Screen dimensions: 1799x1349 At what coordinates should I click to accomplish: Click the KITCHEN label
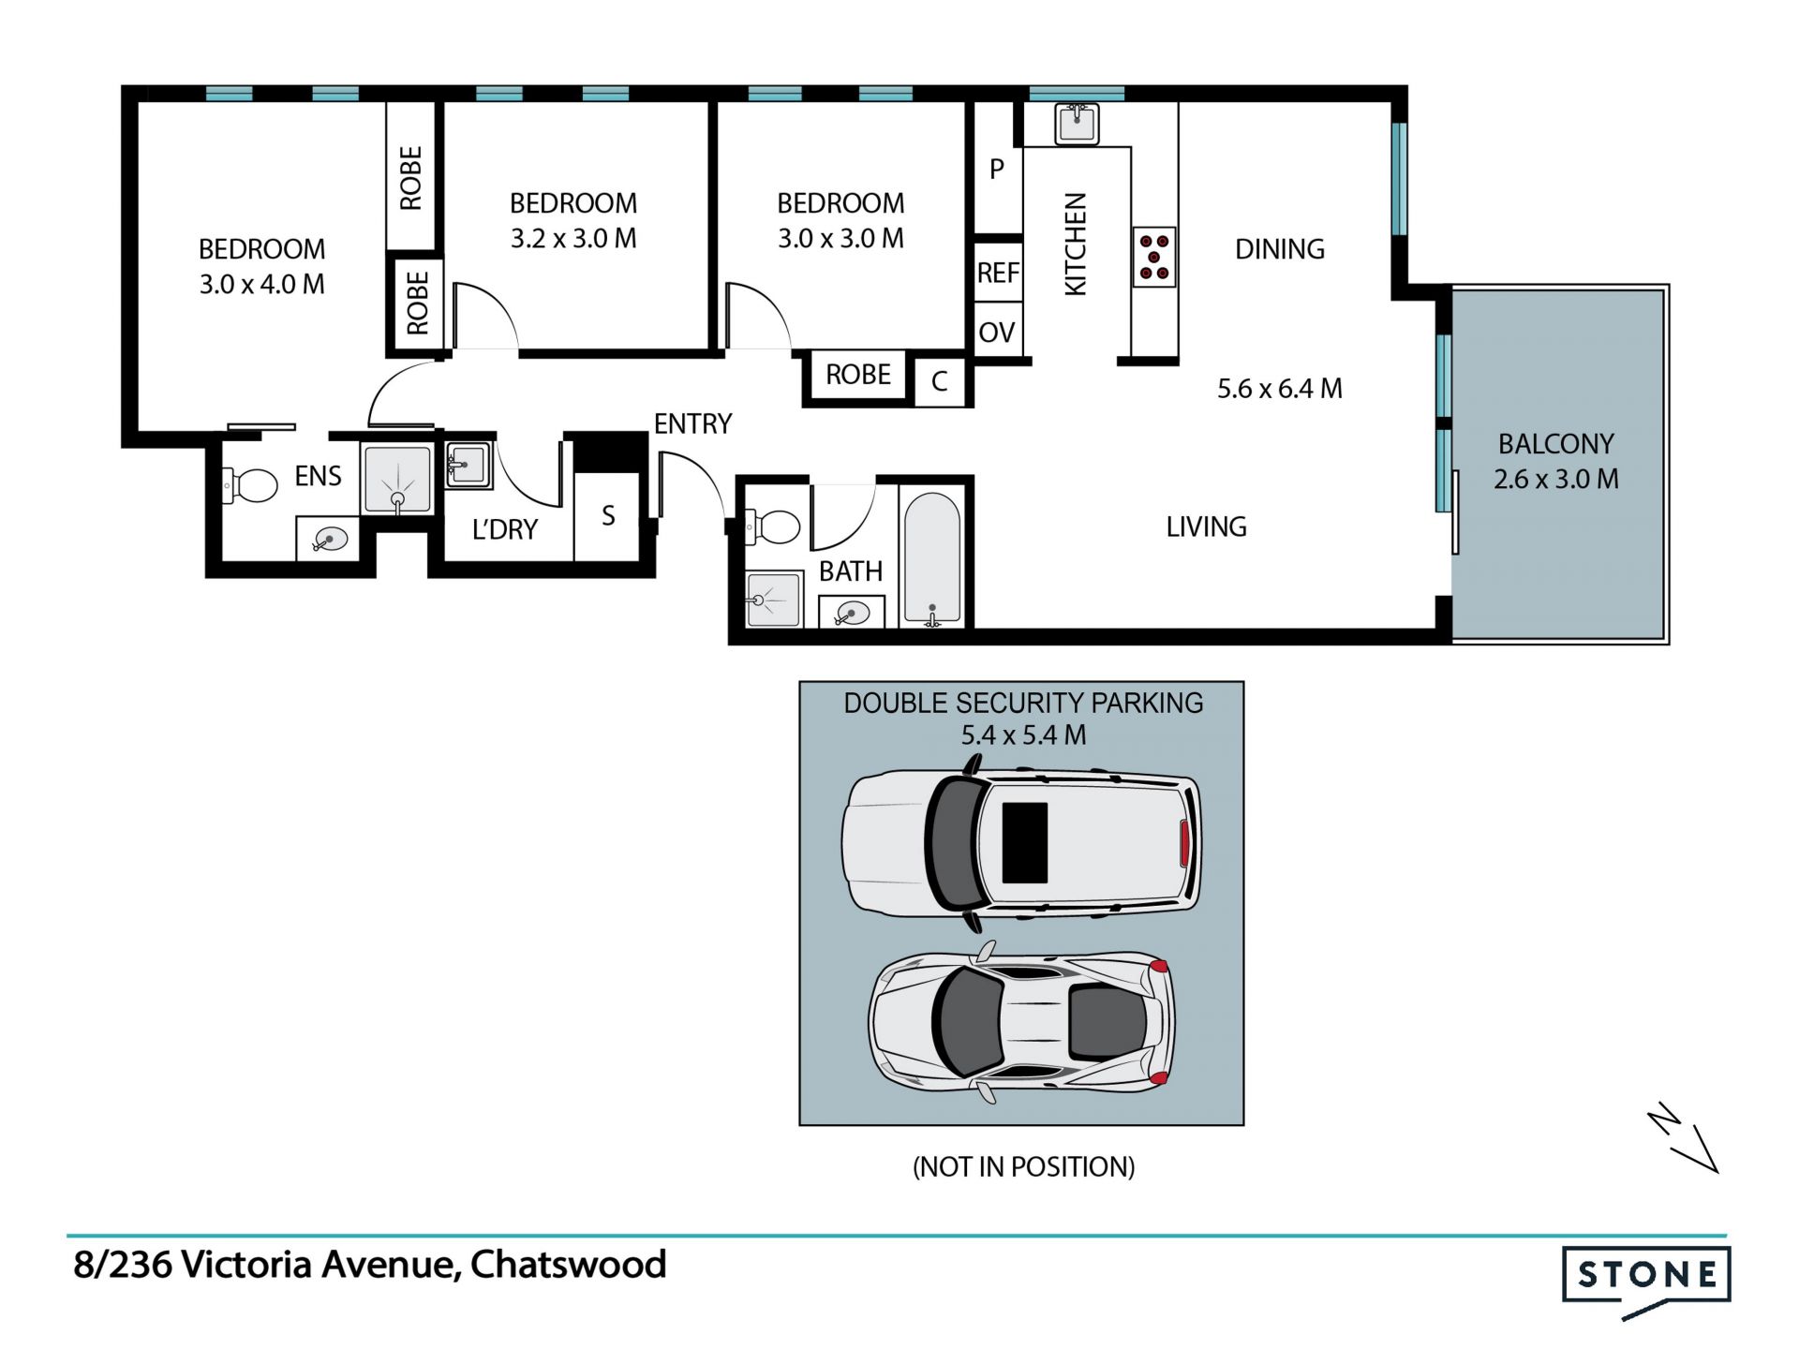[1076, 245]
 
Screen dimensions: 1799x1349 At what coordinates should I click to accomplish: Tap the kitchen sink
[1077, 124]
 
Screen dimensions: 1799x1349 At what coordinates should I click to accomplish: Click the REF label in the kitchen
[998, 273]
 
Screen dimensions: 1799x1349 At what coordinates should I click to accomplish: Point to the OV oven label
[997, 332]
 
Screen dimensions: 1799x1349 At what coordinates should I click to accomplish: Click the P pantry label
[997, 169]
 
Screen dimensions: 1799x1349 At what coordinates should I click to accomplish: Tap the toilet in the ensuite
[250, 485]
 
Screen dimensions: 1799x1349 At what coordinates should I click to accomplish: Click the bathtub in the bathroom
[932, 558]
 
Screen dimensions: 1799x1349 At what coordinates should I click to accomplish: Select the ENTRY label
[692, 423]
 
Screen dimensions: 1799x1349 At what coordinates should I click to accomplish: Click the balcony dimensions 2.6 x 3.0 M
[1555, 479]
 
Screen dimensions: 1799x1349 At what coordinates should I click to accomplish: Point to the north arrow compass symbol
[1683, 1137]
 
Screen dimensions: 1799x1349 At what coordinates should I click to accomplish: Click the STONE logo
[1646, 1281]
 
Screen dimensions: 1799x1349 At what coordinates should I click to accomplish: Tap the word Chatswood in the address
[568, 1265]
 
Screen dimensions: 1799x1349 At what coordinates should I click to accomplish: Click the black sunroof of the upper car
[1025, 842]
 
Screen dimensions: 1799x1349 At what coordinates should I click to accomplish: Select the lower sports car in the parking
[1022, 1022]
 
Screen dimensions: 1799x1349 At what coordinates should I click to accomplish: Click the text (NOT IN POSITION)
[1023, 1166]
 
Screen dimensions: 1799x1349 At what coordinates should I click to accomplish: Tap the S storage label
[608, 515]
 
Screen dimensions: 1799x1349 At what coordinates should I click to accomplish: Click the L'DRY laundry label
[505, 529]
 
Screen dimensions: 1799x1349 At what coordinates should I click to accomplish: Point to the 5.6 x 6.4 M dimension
[1279, 388]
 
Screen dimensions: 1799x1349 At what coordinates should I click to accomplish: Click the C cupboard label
[940, 381]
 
